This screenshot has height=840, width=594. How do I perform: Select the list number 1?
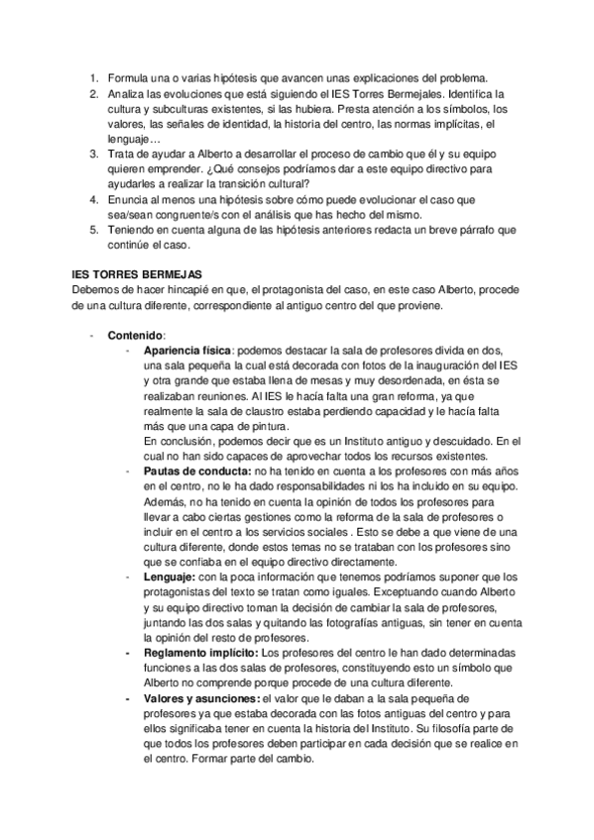pyautogui.click(x=93, y=78)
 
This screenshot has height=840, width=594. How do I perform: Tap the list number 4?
pyautogui.click(x=93, y=198)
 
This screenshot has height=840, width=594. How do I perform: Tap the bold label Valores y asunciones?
pyautogui.click(x=198, y=699)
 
